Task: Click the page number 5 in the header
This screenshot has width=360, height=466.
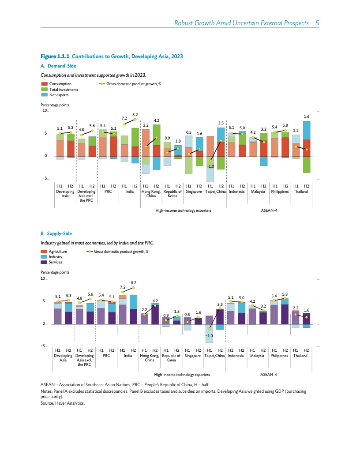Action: [x=317, y=23]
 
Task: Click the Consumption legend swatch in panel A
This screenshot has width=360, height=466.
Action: [x=44, y=83]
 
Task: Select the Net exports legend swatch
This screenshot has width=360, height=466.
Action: [x=44, y=94]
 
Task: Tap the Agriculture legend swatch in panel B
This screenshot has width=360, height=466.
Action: [x=44, y=251]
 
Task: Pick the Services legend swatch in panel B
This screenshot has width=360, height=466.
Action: [x=44, y=262]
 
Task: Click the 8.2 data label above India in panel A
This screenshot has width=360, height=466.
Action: [x=135, y=114]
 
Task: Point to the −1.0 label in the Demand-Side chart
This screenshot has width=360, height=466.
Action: [x=210, y=166]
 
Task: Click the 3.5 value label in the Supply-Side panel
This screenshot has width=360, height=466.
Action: [x=220, y=304]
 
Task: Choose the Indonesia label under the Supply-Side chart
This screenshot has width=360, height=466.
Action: [x=236, y=355]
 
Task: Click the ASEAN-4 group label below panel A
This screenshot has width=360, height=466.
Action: [x=269, y=210]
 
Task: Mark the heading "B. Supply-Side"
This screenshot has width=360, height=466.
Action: [x=56, y=233]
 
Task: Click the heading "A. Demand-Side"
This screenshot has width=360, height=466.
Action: [x=58, y=66]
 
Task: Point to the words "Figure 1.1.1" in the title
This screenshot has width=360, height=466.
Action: [x=55, y=56]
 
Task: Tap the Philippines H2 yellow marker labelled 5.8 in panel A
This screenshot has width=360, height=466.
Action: [x=285, y=131]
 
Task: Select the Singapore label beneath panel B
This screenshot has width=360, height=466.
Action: [x=193, y=355]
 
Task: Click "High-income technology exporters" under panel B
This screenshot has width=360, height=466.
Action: [x=183, y=374]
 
